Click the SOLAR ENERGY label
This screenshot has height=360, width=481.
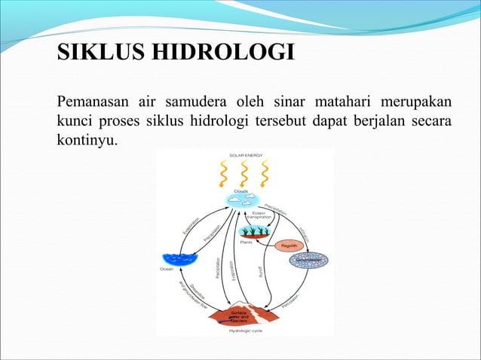[x=244, y=155]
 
